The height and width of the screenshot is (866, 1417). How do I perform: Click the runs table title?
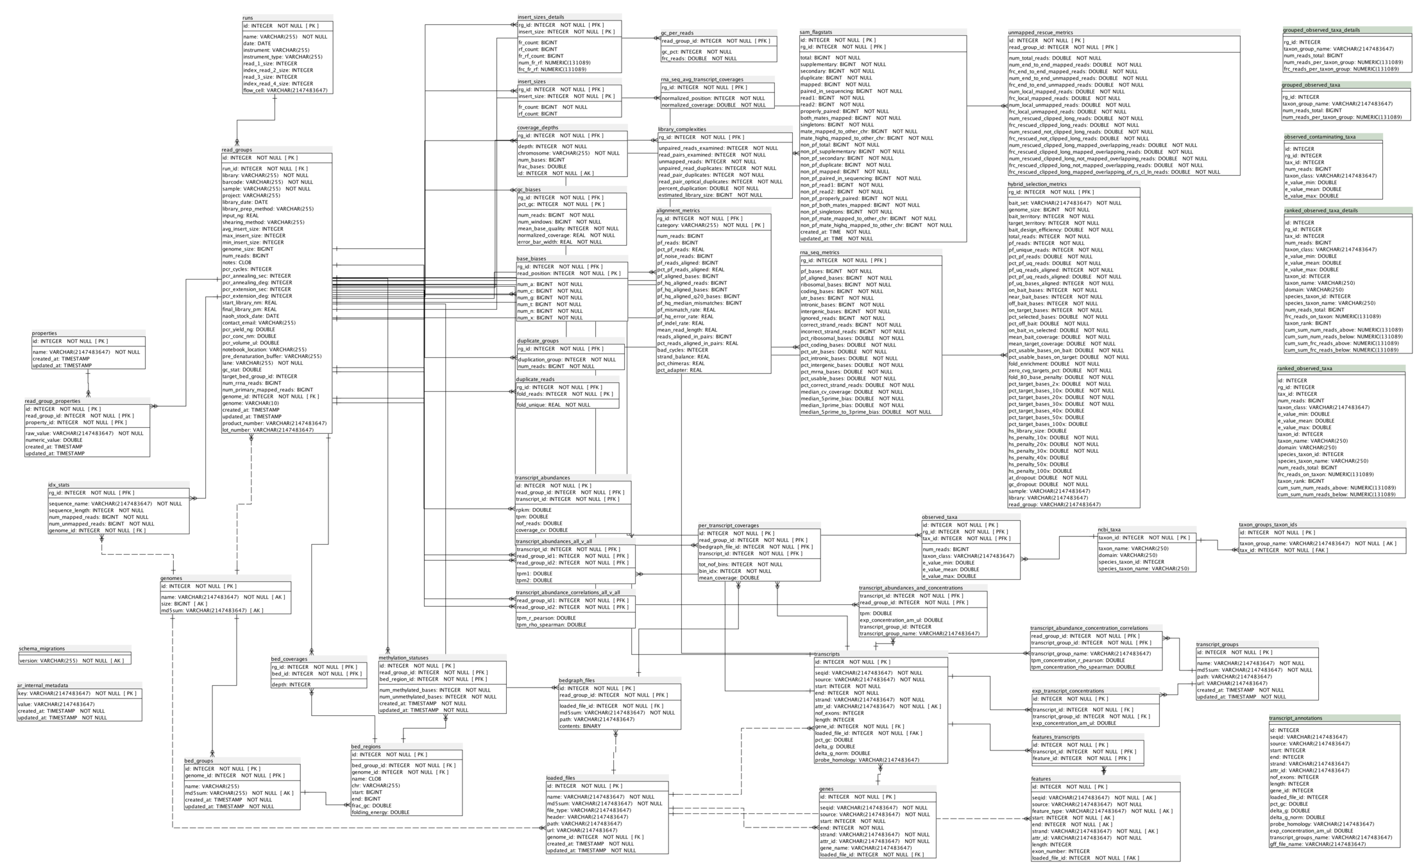[x=248, y=18]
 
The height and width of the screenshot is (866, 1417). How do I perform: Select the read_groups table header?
[x=237, y=150]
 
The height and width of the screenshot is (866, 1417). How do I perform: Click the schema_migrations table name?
[x=42, y=649]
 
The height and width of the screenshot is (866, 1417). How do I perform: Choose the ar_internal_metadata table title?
[x=43, y=685]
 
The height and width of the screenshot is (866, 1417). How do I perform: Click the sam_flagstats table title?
[x=816, y=32]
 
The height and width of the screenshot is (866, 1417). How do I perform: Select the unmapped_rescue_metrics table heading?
[x=1040, y=33]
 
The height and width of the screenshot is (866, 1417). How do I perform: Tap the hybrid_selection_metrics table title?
[x=1037, y=184]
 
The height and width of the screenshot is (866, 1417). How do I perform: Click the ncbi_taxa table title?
[x=1110, y=530]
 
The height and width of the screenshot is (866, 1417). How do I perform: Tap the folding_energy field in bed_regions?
[x=380, y=812]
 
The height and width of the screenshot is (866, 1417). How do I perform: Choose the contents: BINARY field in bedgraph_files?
[x=580, y=726]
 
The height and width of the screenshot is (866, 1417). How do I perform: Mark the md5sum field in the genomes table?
[x=204, y=611]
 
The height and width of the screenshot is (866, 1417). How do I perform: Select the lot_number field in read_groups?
[x=268, y=430]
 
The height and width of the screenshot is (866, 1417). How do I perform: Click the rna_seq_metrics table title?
[x=820, y=253]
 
